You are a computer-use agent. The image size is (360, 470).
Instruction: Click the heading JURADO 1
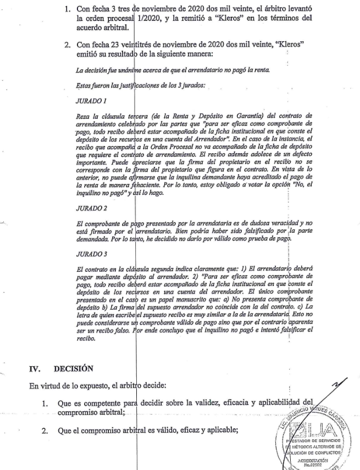click(x=92, y=102)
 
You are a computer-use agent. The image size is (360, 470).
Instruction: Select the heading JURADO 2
click(x=92, y=224)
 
